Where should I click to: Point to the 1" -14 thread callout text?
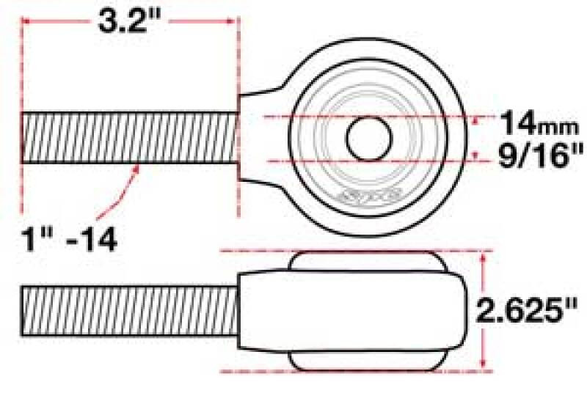(69, 238)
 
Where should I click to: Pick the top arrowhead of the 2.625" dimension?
(483, 255)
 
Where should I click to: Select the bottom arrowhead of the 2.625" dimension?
(483, 367)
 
